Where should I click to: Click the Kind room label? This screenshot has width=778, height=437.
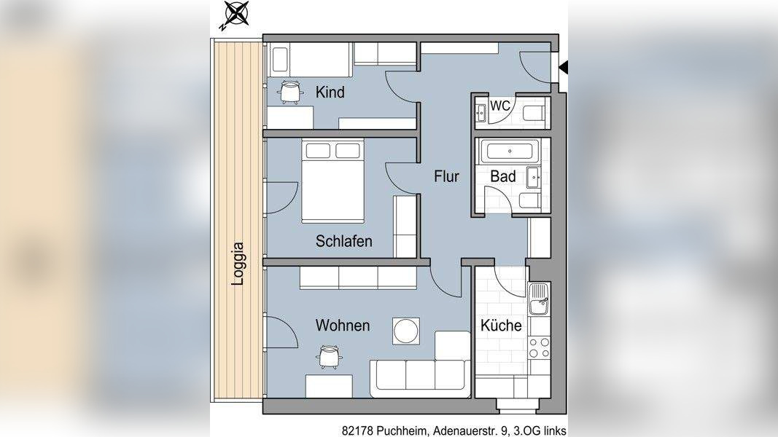pos(330,92)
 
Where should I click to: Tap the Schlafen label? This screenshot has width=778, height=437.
pos(344,241)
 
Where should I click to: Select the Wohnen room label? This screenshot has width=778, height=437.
pos(343,326)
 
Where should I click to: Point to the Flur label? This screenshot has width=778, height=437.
pos(446,176)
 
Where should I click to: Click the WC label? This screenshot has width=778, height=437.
pos(500,106)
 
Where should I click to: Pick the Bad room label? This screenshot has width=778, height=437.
pos(503,176)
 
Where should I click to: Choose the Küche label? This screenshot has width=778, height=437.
pos(501,326)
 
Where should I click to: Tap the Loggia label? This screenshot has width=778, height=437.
pos(238,264)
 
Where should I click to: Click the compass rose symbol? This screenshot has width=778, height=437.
pos(236,13)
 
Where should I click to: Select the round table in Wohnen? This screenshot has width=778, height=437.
pos(406,331)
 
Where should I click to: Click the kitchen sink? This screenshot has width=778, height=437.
pos(540,299)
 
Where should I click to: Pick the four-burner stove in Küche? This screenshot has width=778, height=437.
pos(540,347)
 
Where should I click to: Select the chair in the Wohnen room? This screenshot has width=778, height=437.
pos(328,357)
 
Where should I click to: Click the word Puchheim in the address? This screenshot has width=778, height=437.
pos(402,431)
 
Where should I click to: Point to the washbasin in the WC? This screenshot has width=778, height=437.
pos(481,113)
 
